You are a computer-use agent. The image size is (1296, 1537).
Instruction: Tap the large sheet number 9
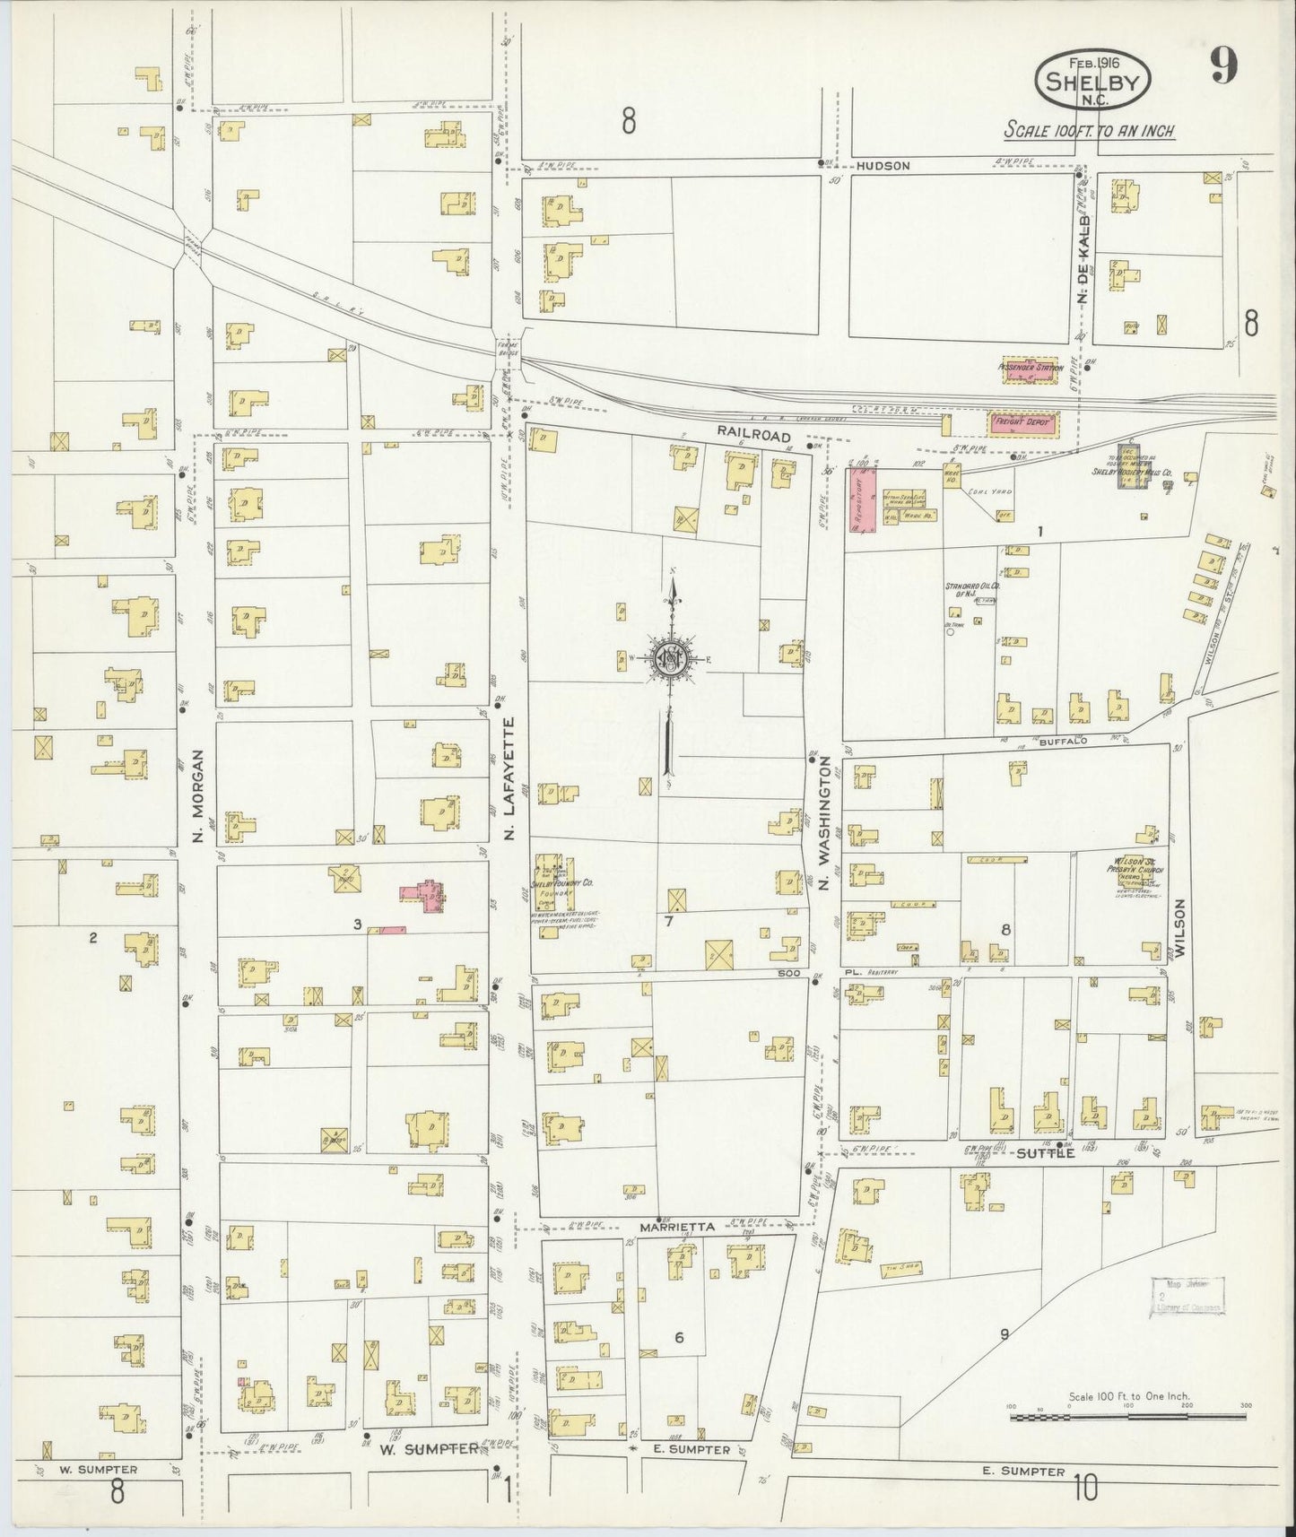click(1222, 66)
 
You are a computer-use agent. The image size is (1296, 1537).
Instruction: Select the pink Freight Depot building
click(1022, 421)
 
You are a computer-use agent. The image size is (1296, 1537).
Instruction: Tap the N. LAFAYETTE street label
click(509, 777)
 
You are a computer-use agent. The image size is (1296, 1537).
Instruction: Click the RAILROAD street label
click(753, 434)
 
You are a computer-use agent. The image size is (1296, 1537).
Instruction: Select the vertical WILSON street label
click(1180, 926)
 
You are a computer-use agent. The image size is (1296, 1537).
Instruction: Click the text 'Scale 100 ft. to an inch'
click(1089, 131)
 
